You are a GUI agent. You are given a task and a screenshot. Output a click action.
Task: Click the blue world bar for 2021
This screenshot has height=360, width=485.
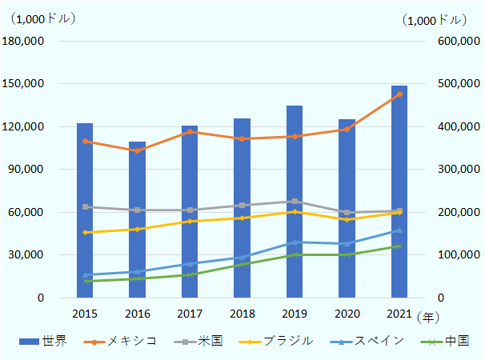click(399, 192)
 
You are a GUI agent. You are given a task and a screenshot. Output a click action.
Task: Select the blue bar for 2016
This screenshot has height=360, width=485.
click(138, 220)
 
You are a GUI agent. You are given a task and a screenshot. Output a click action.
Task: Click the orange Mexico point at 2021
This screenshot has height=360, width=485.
click(399, 94)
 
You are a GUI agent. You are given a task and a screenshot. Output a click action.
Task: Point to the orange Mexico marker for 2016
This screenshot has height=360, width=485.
click(138, 150)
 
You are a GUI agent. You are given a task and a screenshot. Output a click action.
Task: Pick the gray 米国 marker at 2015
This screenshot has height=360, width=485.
click(86, 207)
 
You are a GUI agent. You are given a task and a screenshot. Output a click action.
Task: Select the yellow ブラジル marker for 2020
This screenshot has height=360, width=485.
click(347, 219)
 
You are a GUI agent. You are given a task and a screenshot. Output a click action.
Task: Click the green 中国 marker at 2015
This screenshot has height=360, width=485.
click(86, 281)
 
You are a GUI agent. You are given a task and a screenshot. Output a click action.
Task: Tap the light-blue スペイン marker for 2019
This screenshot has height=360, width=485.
click(295, 242)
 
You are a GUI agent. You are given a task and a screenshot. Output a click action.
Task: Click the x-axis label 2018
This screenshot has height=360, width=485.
click(242, 314)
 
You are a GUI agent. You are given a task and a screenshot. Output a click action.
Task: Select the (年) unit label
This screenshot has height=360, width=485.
click(428, 318)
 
